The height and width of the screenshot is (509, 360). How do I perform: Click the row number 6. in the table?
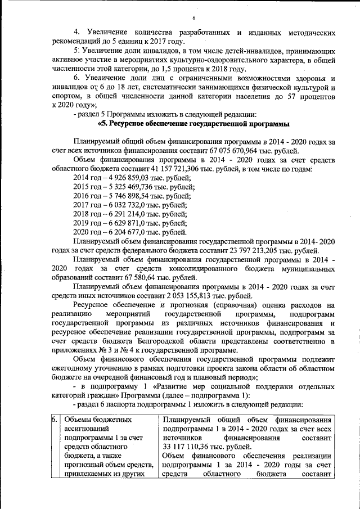point(55,420)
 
